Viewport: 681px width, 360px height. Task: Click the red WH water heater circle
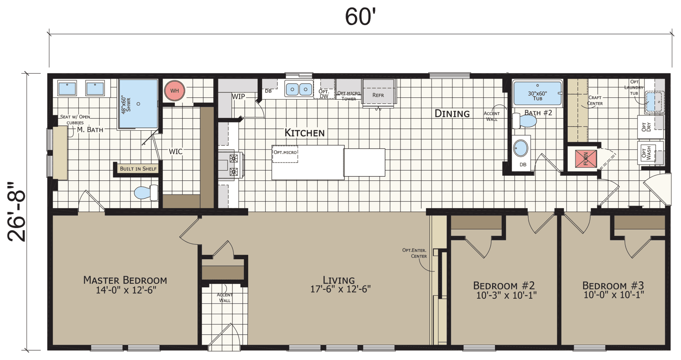[175, 91]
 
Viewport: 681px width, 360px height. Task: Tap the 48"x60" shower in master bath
[138, 103]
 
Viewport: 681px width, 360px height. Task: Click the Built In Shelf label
[138, 169]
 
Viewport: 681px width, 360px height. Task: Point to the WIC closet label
[175, 151]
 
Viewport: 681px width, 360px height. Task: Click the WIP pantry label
[238, 97]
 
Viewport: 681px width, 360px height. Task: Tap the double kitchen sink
[299, 89]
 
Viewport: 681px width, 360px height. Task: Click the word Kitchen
[304, 133]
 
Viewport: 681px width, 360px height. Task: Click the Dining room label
[452, 114]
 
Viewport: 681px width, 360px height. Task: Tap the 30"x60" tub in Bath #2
[537, 94]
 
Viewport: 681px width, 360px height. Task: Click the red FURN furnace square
[586, 158]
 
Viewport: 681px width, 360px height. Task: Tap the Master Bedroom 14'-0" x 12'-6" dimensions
[126, 290]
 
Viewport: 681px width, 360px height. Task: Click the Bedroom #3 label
[613, 286]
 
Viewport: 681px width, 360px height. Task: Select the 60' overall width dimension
[360, 17]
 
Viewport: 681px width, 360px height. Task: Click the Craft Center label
[595, 100]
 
